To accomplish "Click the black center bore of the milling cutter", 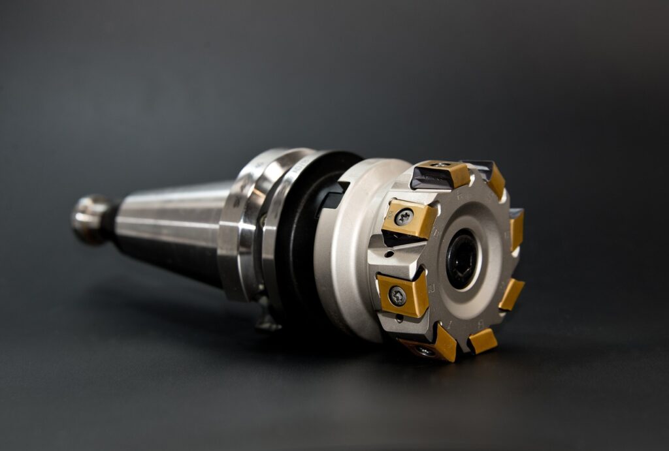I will (461, 258).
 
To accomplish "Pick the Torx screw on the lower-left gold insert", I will (397, 296).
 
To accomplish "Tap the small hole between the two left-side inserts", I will (390, 255).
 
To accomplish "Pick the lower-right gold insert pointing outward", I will (511, 294).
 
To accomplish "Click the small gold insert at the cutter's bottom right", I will (482, 341).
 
